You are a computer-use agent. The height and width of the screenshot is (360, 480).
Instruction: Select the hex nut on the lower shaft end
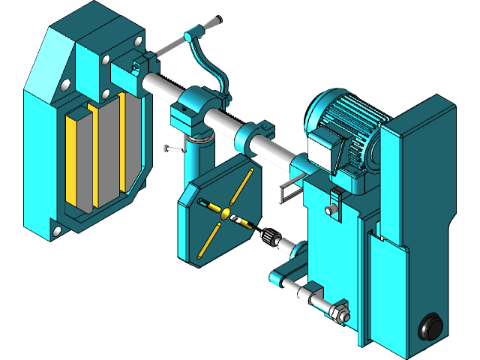(x=338, y=310)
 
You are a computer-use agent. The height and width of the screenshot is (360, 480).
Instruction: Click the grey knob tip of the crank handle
(x=215, y=22)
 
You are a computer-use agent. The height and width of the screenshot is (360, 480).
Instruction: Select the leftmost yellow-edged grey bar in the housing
(x=77, y=158)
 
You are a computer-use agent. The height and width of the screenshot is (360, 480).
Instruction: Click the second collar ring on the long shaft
(x=253, y=136)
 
